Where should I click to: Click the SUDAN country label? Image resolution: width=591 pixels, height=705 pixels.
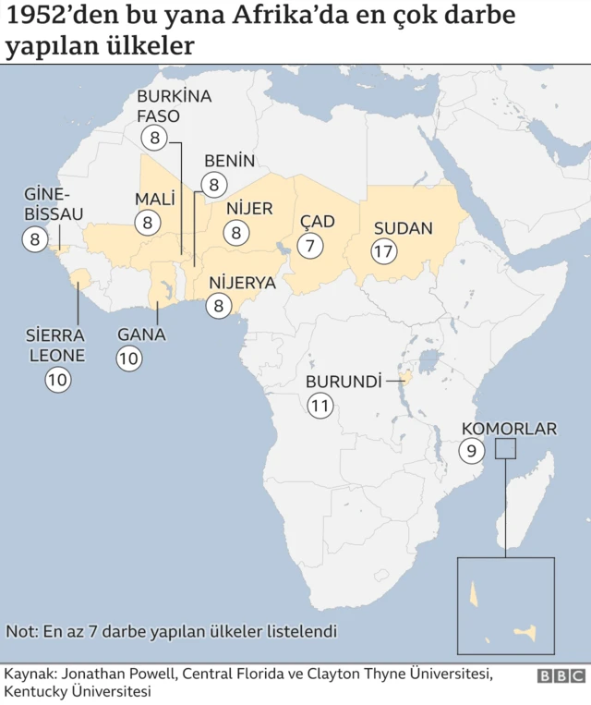click(x=403, y=228)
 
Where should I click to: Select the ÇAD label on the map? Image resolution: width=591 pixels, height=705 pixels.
click(x=317, y=223)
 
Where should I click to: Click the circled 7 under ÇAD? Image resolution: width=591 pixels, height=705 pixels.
click(x=310, y=246)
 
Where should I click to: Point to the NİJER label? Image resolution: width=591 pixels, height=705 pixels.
click(x=249, y=209)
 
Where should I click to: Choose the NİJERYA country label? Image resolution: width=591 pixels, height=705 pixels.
click(x=242, y=283)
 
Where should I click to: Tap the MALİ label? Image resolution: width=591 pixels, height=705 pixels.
click(x=155, y=200)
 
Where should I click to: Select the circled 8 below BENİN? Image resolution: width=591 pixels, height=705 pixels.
click(x=214, y=185)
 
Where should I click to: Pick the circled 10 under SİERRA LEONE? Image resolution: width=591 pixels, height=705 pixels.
click(x=58, y=379)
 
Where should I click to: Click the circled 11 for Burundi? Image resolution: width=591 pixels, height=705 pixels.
click(x=320, y=405)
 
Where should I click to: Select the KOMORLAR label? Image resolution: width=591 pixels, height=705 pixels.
click(x=509, y=429)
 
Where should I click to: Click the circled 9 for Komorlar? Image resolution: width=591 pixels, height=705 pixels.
click(x=471, y=451)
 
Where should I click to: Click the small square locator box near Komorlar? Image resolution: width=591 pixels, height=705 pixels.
click(x=505, y=449)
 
